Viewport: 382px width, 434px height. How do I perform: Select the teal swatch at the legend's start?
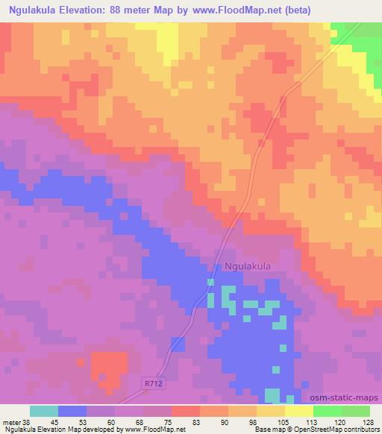pyautogui.click(x=44, y=410)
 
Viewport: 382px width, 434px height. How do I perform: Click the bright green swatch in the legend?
pyautogui.click(x=327, y=410)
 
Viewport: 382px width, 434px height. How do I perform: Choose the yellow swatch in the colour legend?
pyautogui.click(x=270, y=410)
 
